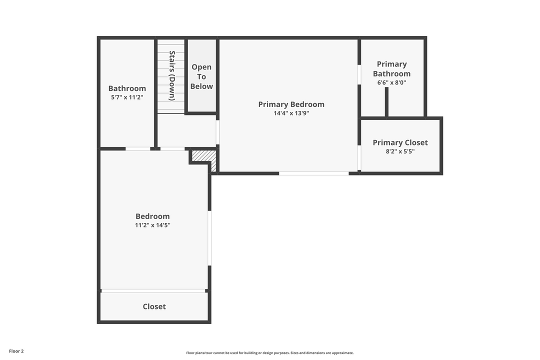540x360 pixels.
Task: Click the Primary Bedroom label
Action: point(291,104)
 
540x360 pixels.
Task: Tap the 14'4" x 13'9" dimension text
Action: point(291,113)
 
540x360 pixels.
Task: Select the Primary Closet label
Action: point(400,142)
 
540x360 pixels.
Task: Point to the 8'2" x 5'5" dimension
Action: point(400,151)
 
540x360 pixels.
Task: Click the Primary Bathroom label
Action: point(391,69)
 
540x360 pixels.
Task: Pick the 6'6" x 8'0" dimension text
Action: point(391,82)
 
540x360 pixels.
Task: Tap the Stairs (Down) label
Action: point(171,75)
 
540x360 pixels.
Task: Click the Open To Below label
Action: point(201,76)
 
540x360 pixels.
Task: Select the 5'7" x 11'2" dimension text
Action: point(127,97)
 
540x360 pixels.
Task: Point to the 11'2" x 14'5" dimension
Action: point(152,225)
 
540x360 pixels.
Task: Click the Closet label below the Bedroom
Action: point(154,306)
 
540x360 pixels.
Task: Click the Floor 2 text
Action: point(16,351)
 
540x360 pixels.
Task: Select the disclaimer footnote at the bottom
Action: point(270,353)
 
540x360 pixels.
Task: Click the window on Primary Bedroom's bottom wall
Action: point(313,173)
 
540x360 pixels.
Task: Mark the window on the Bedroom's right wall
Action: point(209,238)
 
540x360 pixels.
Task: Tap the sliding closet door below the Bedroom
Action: point(153,290)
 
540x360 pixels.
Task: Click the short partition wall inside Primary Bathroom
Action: point(386,102)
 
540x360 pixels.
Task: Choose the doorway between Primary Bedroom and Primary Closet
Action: point(359,158)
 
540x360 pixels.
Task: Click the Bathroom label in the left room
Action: point(127,88)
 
